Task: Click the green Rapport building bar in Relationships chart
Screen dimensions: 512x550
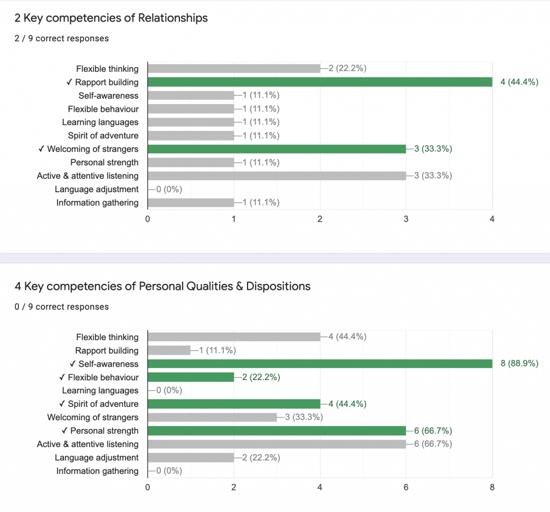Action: pos(320,82)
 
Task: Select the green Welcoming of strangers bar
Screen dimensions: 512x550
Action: pos(277,149)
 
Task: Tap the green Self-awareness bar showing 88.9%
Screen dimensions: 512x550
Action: pos(320,364)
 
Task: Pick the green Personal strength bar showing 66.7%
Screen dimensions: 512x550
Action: pos(277,431)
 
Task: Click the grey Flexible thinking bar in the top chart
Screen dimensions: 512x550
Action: pos(234,69)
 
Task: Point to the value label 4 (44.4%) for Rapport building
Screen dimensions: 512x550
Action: pos(519,82)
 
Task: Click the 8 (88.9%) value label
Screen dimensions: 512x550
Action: pos(519,364)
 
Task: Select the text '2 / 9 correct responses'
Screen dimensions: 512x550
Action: pos(62,38)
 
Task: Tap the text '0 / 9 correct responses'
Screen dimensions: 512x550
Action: pos(62,306)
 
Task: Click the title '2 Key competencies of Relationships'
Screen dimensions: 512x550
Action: pos(111,18)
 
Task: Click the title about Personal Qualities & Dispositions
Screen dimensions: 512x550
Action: pos(163,286)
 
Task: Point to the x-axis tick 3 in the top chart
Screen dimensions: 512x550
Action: pos(406,219)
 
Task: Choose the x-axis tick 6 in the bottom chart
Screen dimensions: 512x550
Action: pos(406,487)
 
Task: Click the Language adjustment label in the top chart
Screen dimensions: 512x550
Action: pos(97,189)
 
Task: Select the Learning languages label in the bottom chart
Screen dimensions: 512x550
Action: pos(100,391)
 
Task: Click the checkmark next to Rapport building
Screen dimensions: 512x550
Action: pos(70,82)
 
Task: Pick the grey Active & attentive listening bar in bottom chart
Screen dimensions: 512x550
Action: pos(277,444)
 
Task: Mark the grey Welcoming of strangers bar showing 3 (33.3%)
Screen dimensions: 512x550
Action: pos(212,418)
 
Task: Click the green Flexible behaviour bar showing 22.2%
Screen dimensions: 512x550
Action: pos(191,377)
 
